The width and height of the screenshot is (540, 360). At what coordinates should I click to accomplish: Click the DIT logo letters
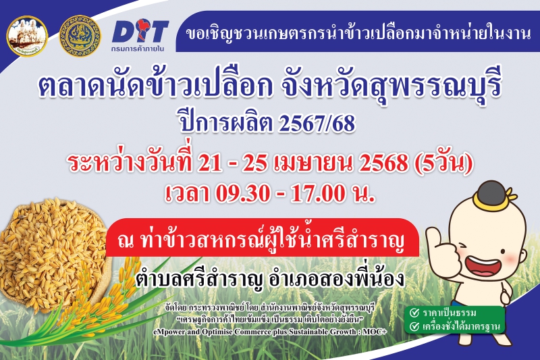click(140, 31)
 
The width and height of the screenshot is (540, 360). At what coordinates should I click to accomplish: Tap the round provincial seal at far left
click(26, 36)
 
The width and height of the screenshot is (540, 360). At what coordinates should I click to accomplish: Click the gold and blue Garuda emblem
click(80, 36)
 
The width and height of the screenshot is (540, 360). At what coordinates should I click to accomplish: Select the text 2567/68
click(317, 124)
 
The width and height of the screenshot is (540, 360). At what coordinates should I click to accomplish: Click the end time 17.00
click(318, 194)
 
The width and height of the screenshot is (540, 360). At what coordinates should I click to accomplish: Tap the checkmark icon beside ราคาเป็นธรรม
click(414, 313)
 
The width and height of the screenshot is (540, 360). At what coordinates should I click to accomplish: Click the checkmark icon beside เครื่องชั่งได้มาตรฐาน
click(414, 327)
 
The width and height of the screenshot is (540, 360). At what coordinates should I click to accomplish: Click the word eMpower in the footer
click(169, 332)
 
